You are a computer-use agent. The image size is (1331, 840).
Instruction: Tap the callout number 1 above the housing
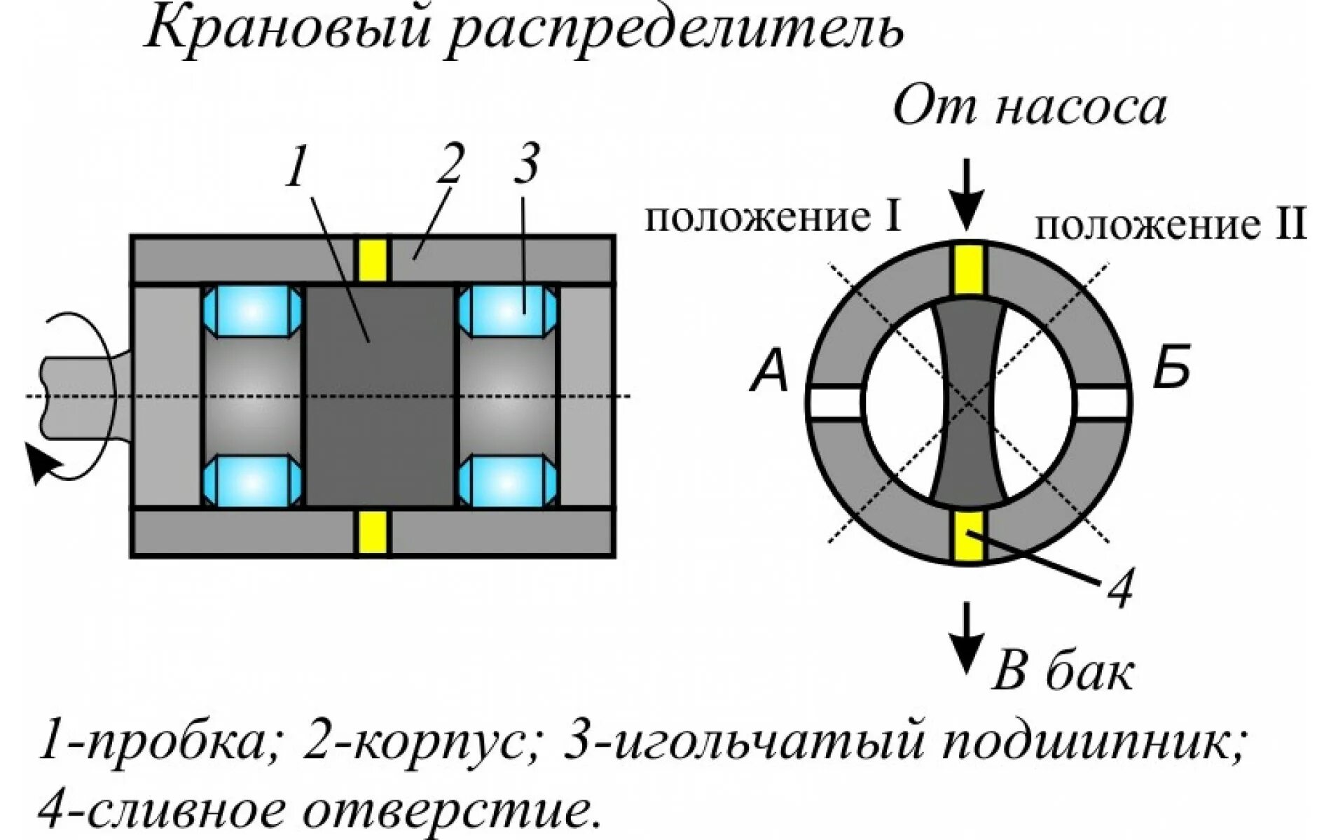[296, 167]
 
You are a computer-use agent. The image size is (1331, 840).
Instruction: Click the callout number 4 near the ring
[1119, 588]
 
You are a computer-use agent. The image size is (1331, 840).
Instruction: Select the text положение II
[1170, 225]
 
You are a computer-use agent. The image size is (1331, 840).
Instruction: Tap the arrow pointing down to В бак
[967, 637]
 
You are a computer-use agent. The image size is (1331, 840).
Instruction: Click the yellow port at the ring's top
[968, 269]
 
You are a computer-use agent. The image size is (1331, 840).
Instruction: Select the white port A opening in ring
[836, 403]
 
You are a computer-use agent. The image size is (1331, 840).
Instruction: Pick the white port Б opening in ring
[1101, 403]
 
